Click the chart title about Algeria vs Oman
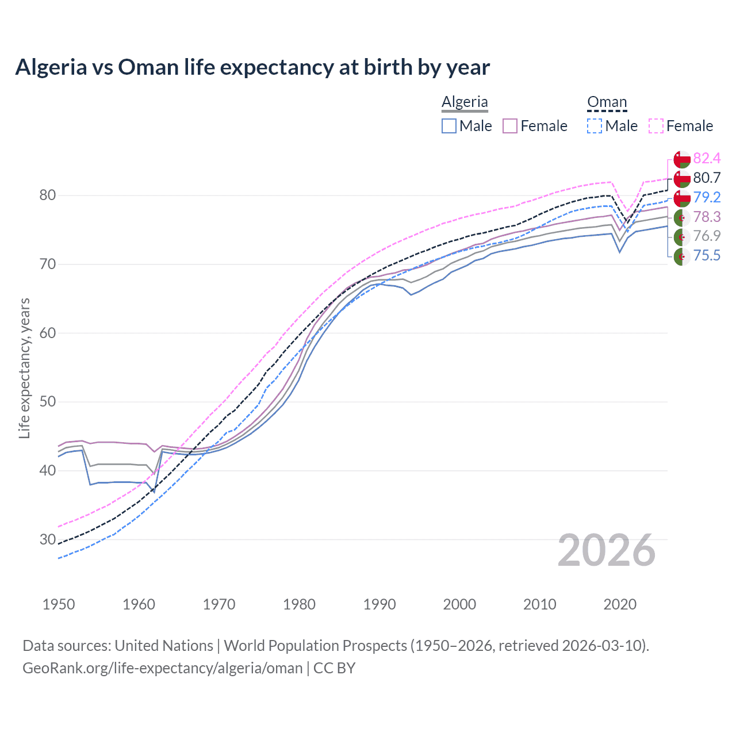point(252,67)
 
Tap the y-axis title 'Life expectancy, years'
point(24,368)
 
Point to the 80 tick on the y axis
point(48,195)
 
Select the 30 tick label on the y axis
point(48,539)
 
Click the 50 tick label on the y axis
point(48,402)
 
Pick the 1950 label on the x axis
point(59,604)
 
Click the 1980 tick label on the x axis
point(299,604)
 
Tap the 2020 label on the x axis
point(620,604)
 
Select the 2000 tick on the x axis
point(459,604)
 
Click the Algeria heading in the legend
point(465,102)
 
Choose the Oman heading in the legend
point(607,102)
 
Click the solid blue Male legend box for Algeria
point(449,126)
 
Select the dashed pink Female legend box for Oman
point(656,126)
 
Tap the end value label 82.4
point(707,159)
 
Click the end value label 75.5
point(707,255)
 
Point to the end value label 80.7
point(707,178)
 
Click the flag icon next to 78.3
point(682,217)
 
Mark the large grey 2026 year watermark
point(607,550)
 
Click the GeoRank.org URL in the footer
point(162,668)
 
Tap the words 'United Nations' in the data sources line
point(164,646)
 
